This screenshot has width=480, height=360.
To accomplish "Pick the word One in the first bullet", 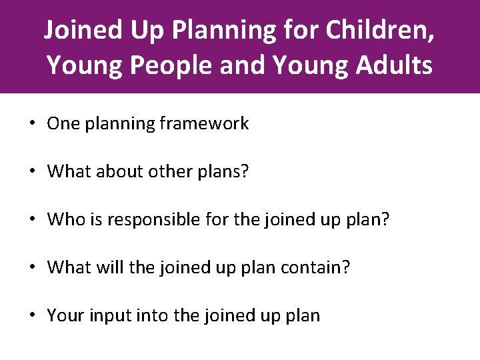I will [61, 123].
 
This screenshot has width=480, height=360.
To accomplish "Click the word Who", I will [63, 219].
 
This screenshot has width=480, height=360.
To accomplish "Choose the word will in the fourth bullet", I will [111, 267].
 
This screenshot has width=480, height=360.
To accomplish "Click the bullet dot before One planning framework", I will [32, 124].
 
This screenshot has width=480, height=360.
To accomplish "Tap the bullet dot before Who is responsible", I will [32, 220].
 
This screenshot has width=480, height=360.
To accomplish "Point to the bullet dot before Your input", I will [32, 316].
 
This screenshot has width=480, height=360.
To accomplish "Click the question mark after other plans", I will [244, 171].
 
